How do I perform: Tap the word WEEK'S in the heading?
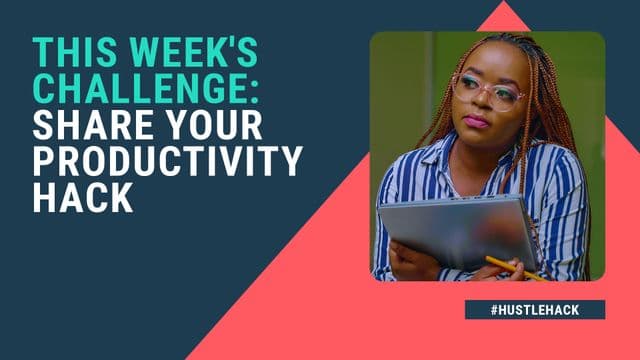click(177, 52)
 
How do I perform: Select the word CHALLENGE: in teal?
click(146, 87)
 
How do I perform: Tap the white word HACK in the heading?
click(83, 197)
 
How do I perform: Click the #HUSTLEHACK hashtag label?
click(535, 310)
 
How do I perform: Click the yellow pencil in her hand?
click(515, 269)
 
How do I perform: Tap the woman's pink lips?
click(476, 121)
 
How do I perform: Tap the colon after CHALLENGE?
click(254, 93)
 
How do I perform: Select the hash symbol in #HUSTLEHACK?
click(494, 310)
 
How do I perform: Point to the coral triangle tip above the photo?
click(504, 1)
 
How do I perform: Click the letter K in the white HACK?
click(122, 197)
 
